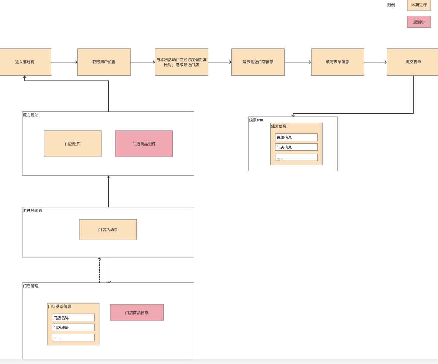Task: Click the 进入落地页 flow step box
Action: (x=25, y=62)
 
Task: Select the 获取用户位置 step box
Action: (x=104, y=62)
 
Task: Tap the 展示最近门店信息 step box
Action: (x=258, y=62)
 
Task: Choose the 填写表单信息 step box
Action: (x=337, y=62)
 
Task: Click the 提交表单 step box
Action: (x=413, y=62)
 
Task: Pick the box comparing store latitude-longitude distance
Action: (x=181, y=62)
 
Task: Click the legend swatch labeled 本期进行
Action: (x=419, y=5)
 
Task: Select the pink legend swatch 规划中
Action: (x=419, y=22)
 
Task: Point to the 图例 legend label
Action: (x=391, y=5)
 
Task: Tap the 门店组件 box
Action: (x=73, y=144)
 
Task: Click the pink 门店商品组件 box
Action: (x=144, y=144)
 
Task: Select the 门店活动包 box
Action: (x=108, y=229)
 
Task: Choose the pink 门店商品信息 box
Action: (x=137, y=312)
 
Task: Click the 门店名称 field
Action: (x=73, y=318)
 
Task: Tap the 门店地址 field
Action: (x=73, y=328)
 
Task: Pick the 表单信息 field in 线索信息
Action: (x=296, y=137)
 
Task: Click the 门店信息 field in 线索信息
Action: (x=296, y=147)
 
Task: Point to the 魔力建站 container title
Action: (x=30, y=115)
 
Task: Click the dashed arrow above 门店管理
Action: (x=99, y=270)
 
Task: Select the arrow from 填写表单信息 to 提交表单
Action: (x=375, y=62)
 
